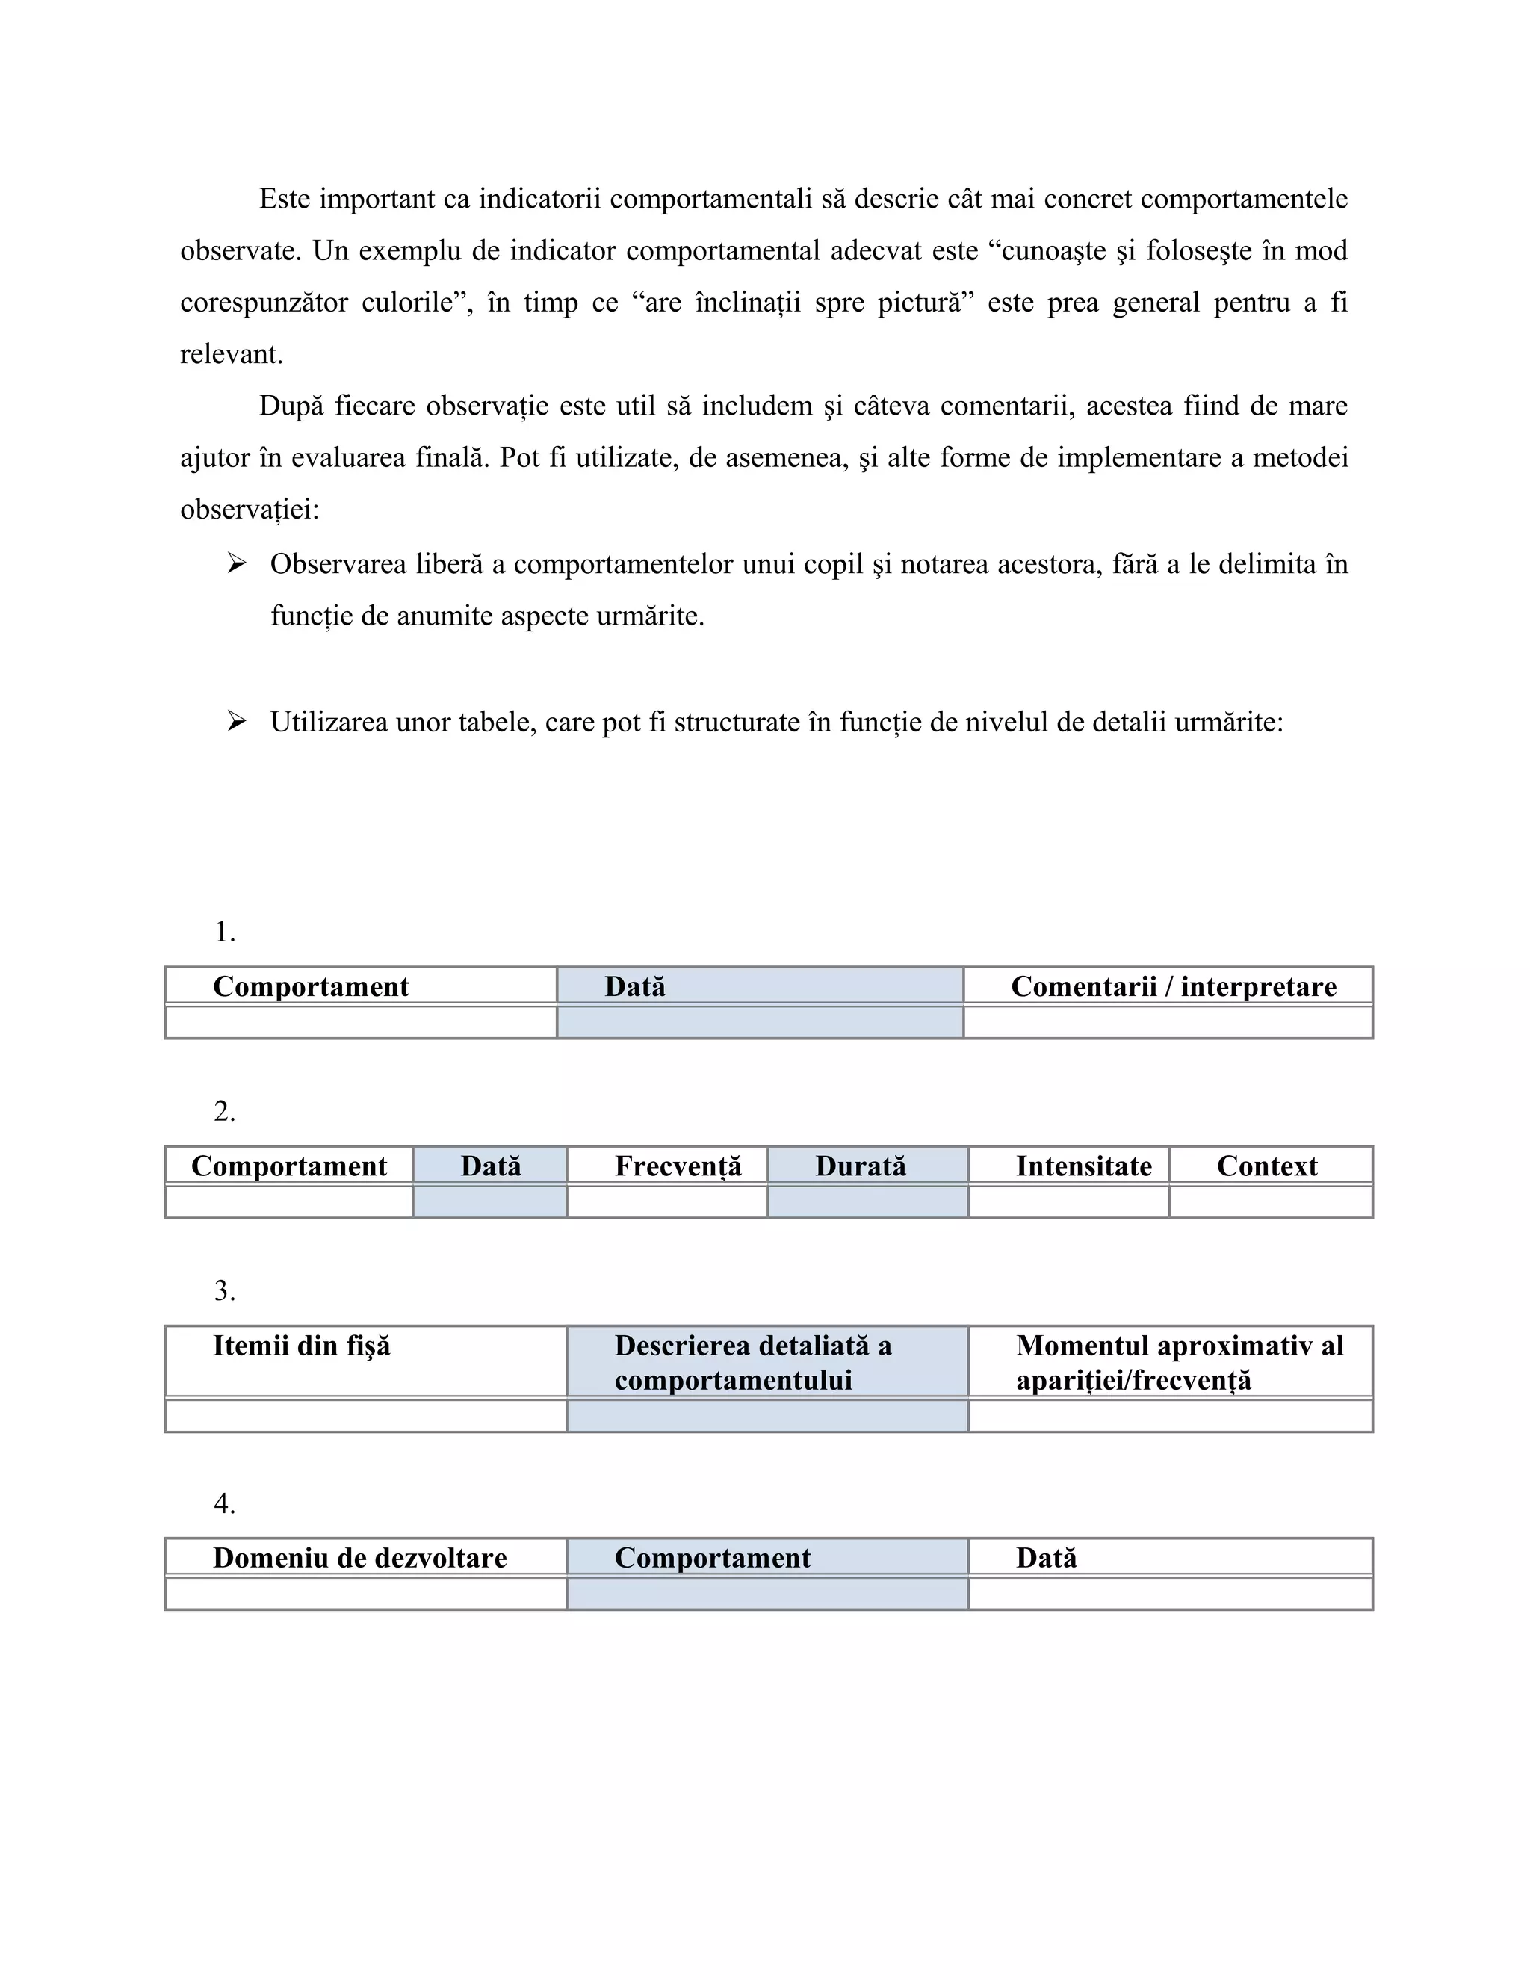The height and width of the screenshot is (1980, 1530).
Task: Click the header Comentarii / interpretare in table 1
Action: pyautogui.click(x=1173, y=986)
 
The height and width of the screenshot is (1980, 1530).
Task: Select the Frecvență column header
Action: pyautogui.click(x=678, y=1166)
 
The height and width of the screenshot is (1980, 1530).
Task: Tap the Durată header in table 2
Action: pyautogui.click(x=860, y=1166)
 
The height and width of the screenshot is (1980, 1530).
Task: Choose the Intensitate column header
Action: pyautogui.click(x=1083, y=1166)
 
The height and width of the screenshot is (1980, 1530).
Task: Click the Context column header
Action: pyautogui.click(x=1266, y=1166)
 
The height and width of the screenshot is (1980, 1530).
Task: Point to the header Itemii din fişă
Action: pyautogui.click(x=301, y=1346)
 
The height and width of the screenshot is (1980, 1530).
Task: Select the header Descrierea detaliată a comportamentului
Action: pyautogui.click(x=752, y=1363)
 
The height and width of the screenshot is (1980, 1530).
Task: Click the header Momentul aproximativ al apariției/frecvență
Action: pyautogui.click(x=1178, y=1363)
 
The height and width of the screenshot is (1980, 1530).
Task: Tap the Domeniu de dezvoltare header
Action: pyautogui.click(x=360, y=1558)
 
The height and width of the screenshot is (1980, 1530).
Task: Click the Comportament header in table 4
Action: pyautogui.click(x=713, y=1558)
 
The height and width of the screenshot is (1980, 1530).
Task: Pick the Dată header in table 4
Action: pyautogui.click(x=1046, y=1558)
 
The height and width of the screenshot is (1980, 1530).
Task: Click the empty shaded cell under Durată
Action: pyautogui.click(x=867, y=1202)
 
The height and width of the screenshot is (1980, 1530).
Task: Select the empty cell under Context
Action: pyautogui.click(x=1270, y=1202)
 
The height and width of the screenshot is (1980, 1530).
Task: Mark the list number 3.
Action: pyautogui.click(x=225, y=1291)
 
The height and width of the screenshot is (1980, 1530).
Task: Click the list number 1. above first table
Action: pyautogui.click(x=225, y=932)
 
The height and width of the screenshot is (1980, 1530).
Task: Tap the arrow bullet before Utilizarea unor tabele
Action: pyautogui.click(x=237, y=722)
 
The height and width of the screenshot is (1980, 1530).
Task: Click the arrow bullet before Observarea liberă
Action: pyautogui.click(x=237, y=564)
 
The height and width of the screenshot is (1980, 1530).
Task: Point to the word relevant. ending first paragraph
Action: pyautogui.click(x=231, y=354)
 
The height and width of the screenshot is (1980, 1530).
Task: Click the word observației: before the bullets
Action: pyautogui.click(x=250, y=510)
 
